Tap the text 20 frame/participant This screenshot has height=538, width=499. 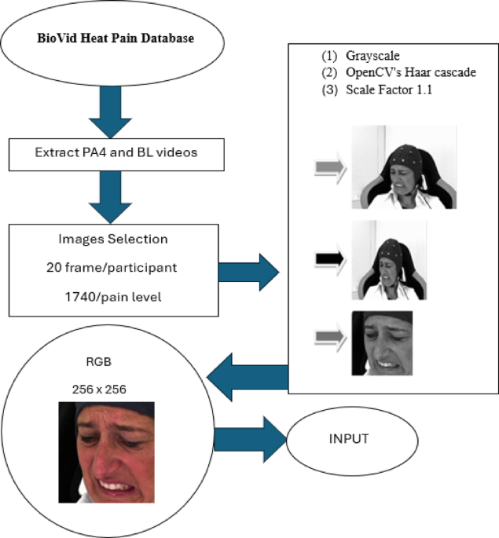coord(111,268)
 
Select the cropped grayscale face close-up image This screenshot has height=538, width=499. coord(383,343)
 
